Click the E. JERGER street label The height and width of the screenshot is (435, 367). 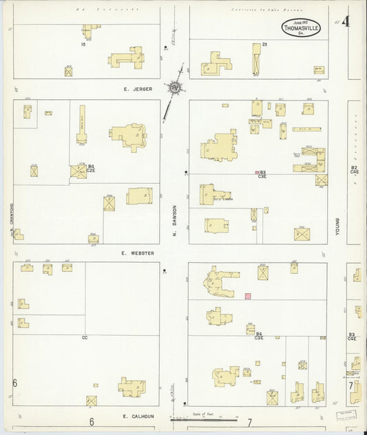137,89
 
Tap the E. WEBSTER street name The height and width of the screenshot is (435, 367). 138,253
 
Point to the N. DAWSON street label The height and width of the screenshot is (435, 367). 175,220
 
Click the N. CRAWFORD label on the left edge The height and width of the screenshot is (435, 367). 12,220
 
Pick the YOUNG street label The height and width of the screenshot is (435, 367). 337,226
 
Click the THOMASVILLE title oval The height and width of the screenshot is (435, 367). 300,27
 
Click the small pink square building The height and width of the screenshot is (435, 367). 248,296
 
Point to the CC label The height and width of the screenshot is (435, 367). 85,337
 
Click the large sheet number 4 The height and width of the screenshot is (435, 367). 345,21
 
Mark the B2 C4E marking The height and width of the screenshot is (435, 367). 354,169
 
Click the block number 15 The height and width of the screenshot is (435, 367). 83,44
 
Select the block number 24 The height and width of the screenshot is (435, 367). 264,45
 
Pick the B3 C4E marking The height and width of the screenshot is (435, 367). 352,337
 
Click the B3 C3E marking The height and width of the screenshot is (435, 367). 262,174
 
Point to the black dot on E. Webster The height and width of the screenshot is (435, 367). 164,270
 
